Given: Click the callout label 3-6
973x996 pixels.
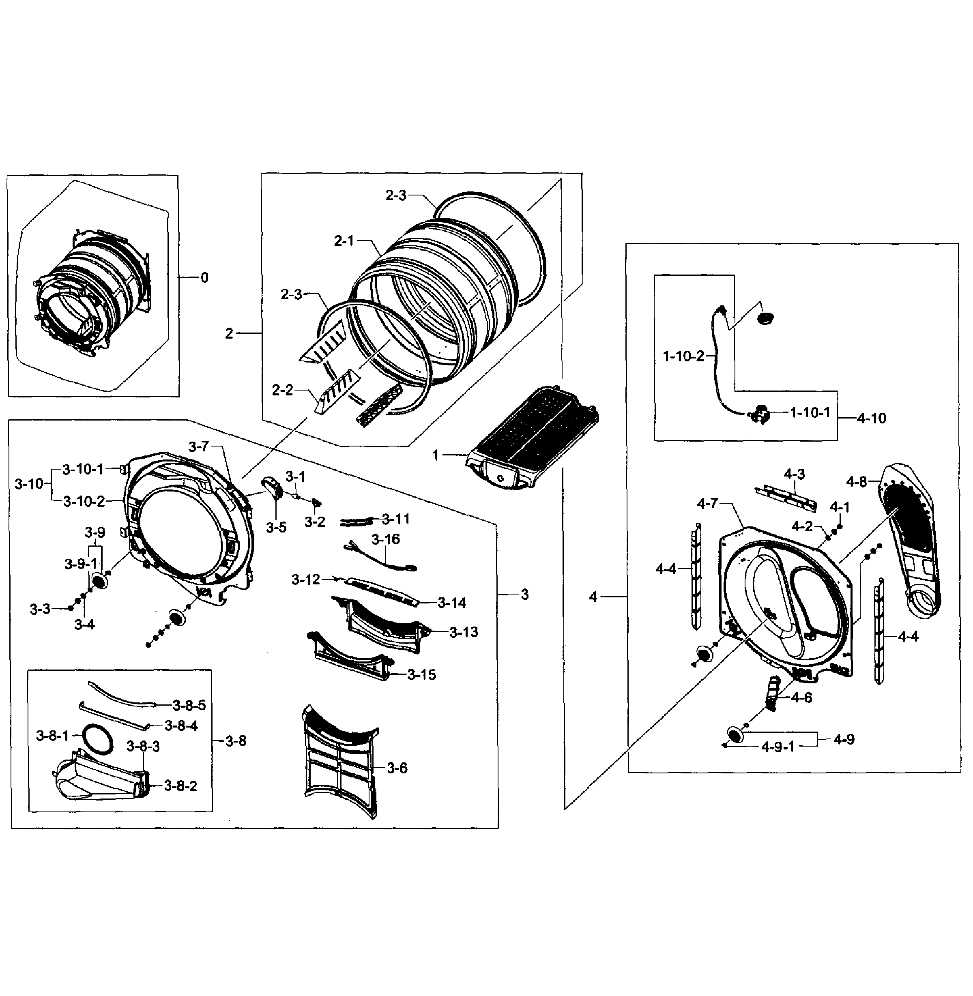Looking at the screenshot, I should (397, 768).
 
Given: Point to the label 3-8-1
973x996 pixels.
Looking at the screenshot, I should (52, 736).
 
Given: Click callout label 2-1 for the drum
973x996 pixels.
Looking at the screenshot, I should (344, 241).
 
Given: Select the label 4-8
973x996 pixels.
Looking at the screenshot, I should (857, 481).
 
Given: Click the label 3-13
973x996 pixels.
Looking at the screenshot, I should (464, 632).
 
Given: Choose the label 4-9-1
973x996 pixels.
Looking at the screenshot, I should (778, 747).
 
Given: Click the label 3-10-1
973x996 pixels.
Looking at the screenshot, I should (83, 469).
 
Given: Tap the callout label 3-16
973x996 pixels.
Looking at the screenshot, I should (386, 539).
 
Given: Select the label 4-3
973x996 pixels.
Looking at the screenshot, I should (795, 474).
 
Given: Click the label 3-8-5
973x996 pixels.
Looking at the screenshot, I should (189, 706).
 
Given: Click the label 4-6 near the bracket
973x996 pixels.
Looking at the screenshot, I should (801, 698).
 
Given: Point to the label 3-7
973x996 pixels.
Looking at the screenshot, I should (198, 446).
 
